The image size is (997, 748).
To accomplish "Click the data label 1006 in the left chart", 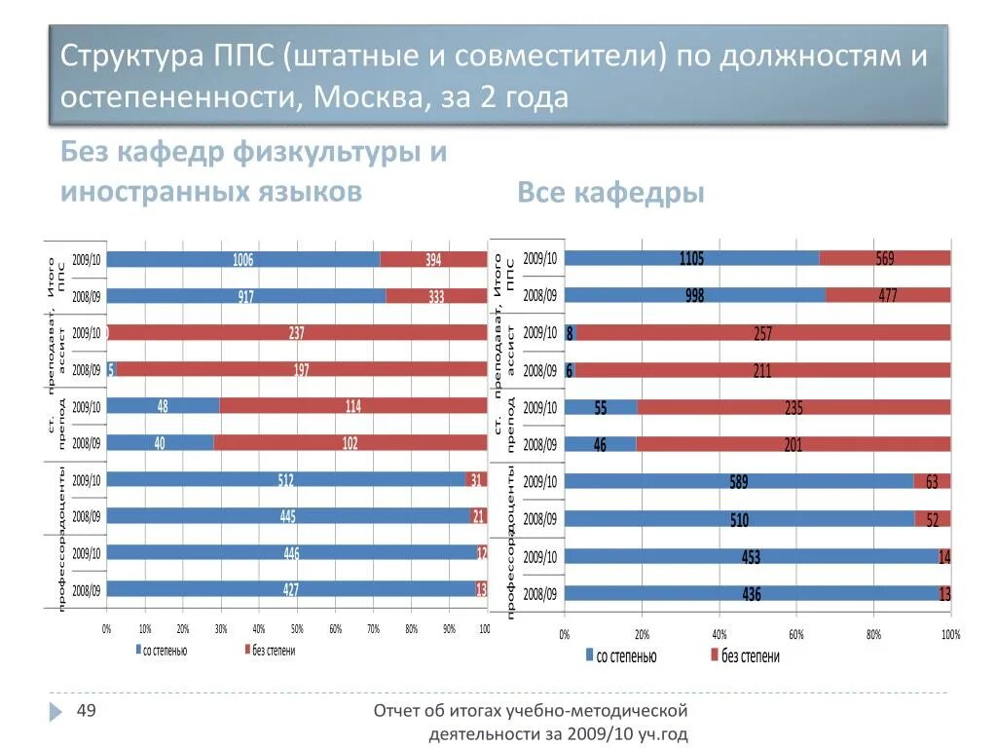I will (x=242, y=260).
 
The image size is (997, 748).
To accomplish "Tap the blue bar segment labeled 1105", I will (x=691, y=258).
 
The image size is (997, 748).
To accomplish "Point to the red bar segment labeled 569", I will (x=884, y=258).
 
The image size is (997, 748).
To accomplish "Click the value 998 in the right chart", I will (x=694, y=295).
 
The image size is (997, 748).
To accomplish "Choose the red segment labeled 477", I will (x=887, y=295).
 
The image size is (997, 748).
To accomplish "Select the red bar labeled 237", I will (x=297, y=333).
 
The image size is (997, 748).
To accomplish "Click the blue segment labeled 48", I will (x=163, y=406).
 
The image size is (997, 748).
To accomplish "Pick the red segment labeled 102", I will (x=349, y=443).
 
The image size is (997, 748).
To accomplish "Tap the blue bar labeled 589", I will (x=739, y=481).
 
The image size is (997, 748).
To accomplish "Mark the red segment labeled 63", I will (x=932, y=481).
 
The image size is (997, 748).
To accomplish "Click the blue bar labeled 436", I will (x=751, y=593).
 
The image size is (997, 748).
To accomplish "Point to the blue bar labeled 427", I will (x=291, y=589).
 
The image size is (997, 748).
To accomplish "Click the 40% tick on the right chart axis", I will (x=719, y=634).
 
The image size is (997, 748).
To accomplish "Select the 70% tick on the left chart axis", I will (x=373, y=630).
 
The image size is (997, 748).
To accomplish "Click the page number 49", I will (x=86, y=711).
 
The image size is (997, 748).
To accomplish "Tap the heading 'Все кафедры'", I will (x=610, y=194).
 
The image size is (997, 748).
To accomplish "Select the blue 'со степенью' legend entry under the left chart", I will (x=161, y=651).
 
